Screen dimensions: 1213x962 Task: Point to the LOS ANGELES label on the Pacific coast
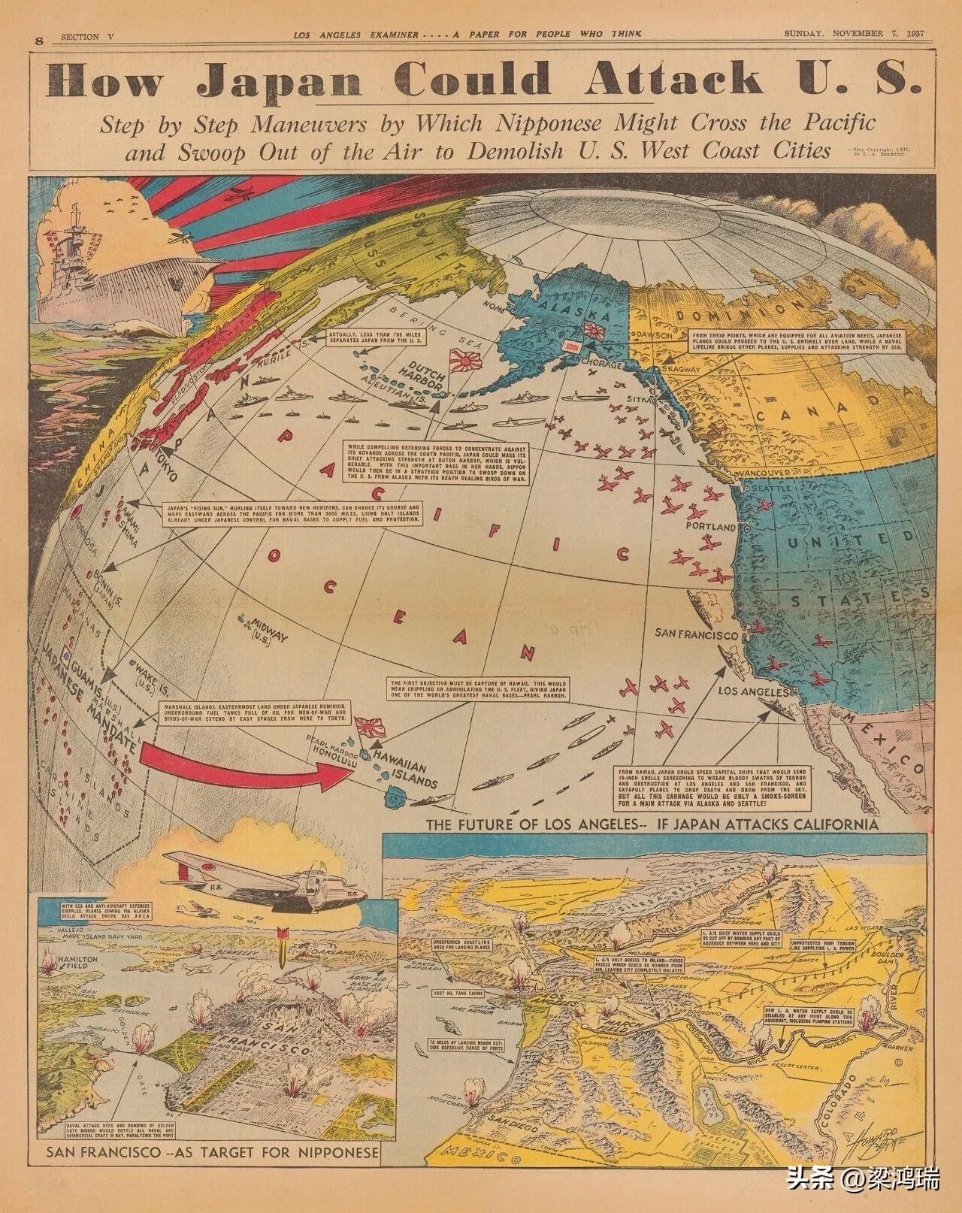[x=752, y=690]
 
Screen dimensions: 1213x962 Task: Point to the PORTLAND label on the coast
[x=710, y=527]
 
